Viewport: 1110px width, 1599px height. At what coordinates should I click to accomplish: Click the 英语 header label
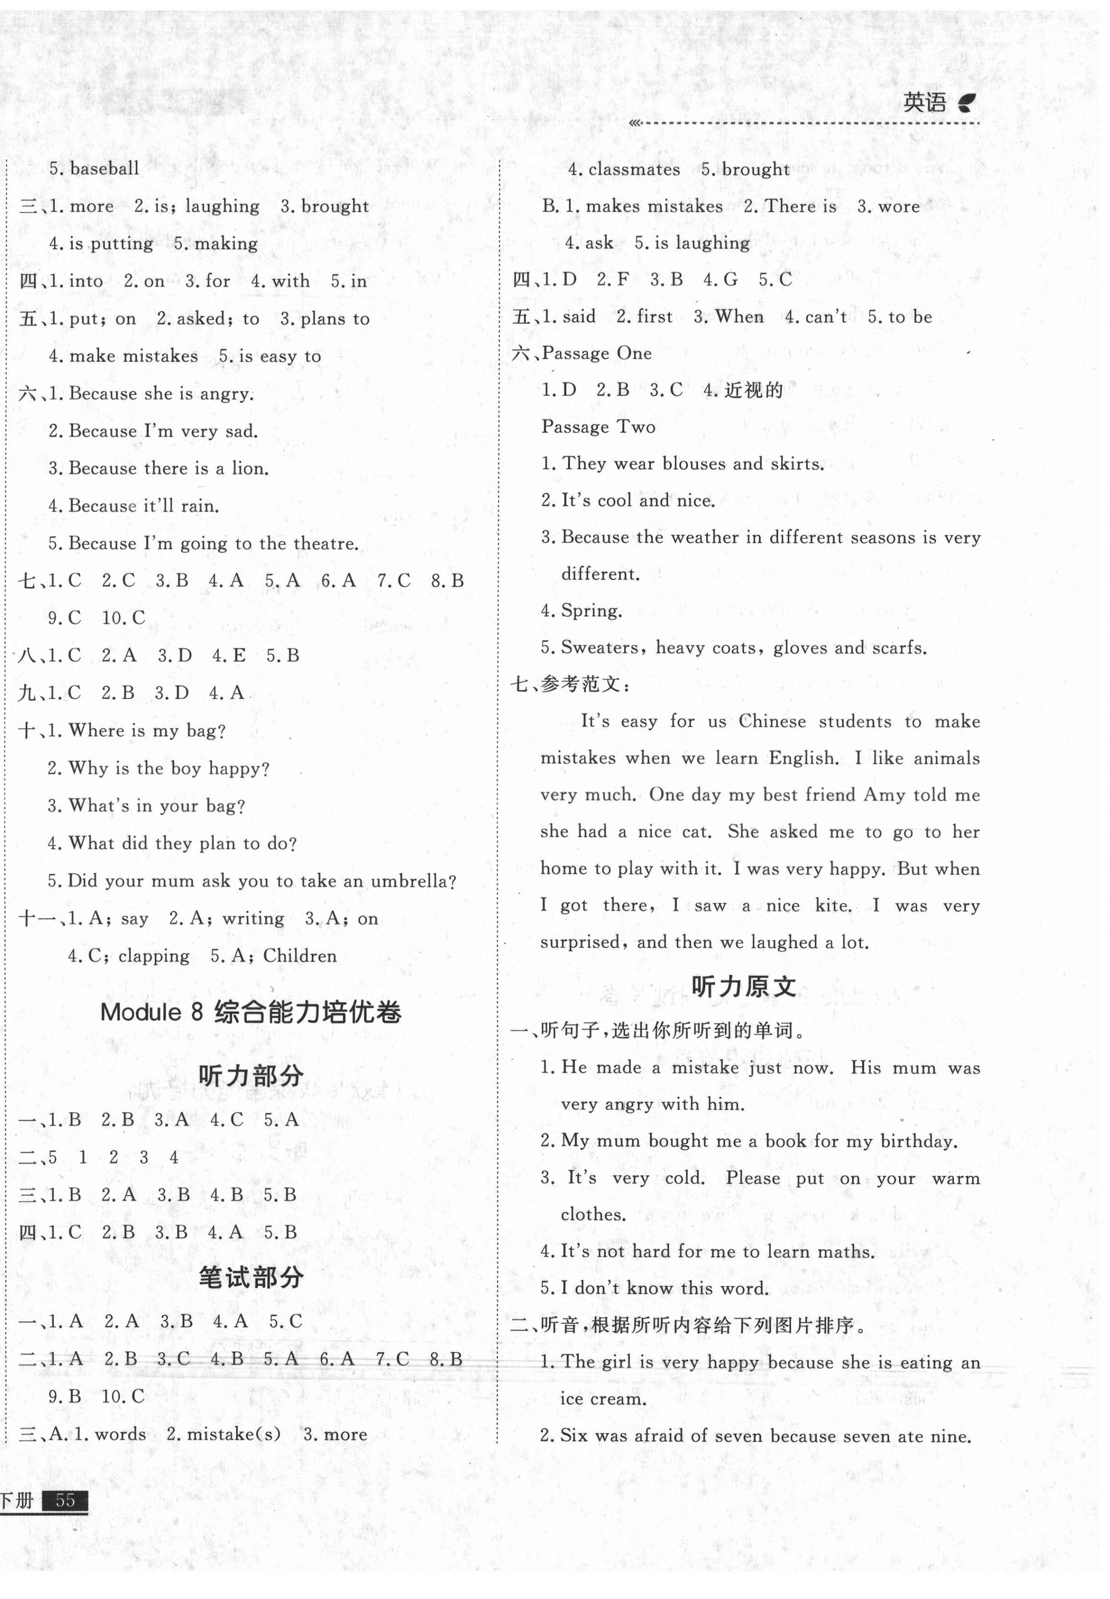(924, 104)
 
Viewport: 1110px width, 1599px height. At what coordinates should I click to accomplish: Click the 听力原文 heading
(744, 986)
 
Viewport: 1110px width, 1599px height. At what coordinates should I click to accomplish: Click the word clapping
(154, 956)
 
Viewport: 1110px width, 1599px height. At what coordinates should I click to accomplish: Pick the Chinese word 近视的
(754, 390)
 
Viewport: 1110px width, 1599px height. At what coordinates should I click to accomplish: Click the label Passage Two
(598, 427)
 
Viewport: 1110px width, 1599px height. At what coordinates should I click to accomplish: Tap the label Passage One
(597, 353)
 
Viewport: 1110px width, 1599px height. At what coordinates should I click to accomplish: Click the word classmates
(634, 170)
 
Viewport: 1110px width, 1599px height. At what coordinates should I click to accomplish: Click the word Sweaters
(601, 648)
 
